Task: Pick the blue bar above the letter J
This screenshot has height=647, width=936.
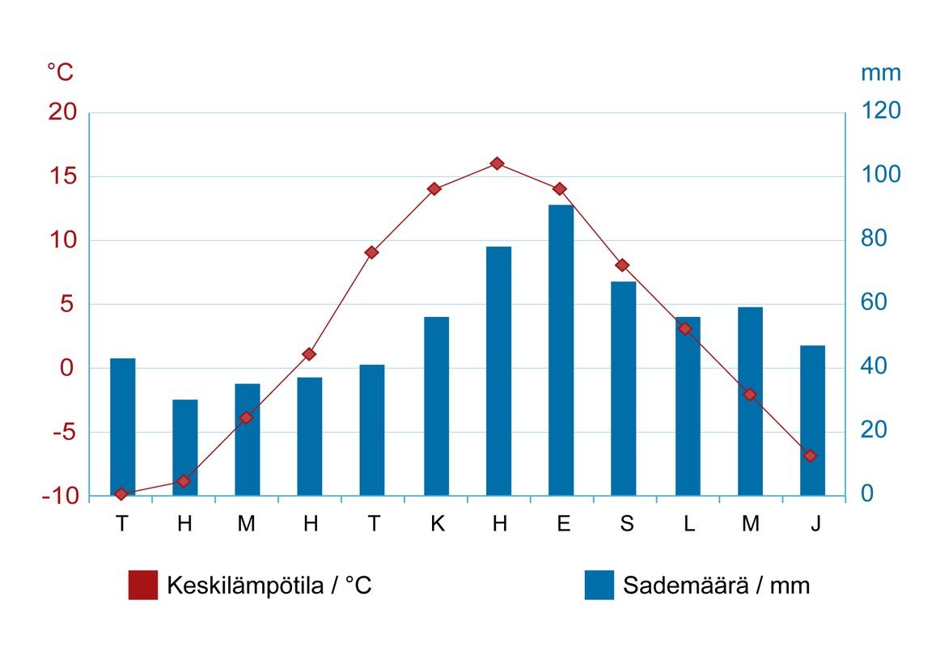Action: click(x=812, y=420)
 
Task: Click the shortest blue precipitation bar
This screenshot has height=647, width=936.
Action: click(x=184, y=447)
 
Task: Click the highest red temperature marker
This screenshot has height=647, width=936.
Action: click(x=498, y=163)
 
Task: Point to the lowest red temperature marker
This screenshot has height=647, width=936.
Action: click(x=121, y=493)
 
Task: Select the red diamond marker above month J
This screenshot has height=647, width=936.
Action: click(x=810, y=456)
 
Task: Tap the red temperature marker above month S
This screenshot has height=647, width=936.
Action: click(x=622, y=265)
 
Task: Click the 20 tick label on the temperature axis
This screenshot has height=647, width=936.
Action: click(x=62, y=112)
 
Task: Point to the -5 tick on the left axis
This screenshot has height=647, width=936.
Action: click(x=62, y=432)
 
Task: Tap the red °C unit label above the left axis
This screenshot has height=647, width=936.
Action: click(x=60, y=73)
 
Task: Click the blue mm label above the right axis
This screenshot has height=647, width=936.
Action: click(x=880, y=73)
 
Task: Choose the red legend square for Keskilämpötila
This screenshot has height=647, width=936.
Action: click(x=143, y=585)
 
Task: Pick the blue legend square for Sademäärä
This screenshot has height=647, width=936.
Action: click(x=599, y=585)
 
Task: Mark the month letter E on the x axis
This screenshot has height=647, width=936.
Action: click(x=563, y=524)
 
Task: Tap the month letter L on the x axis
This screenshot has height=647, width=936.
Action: click(x=688, y=524)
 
